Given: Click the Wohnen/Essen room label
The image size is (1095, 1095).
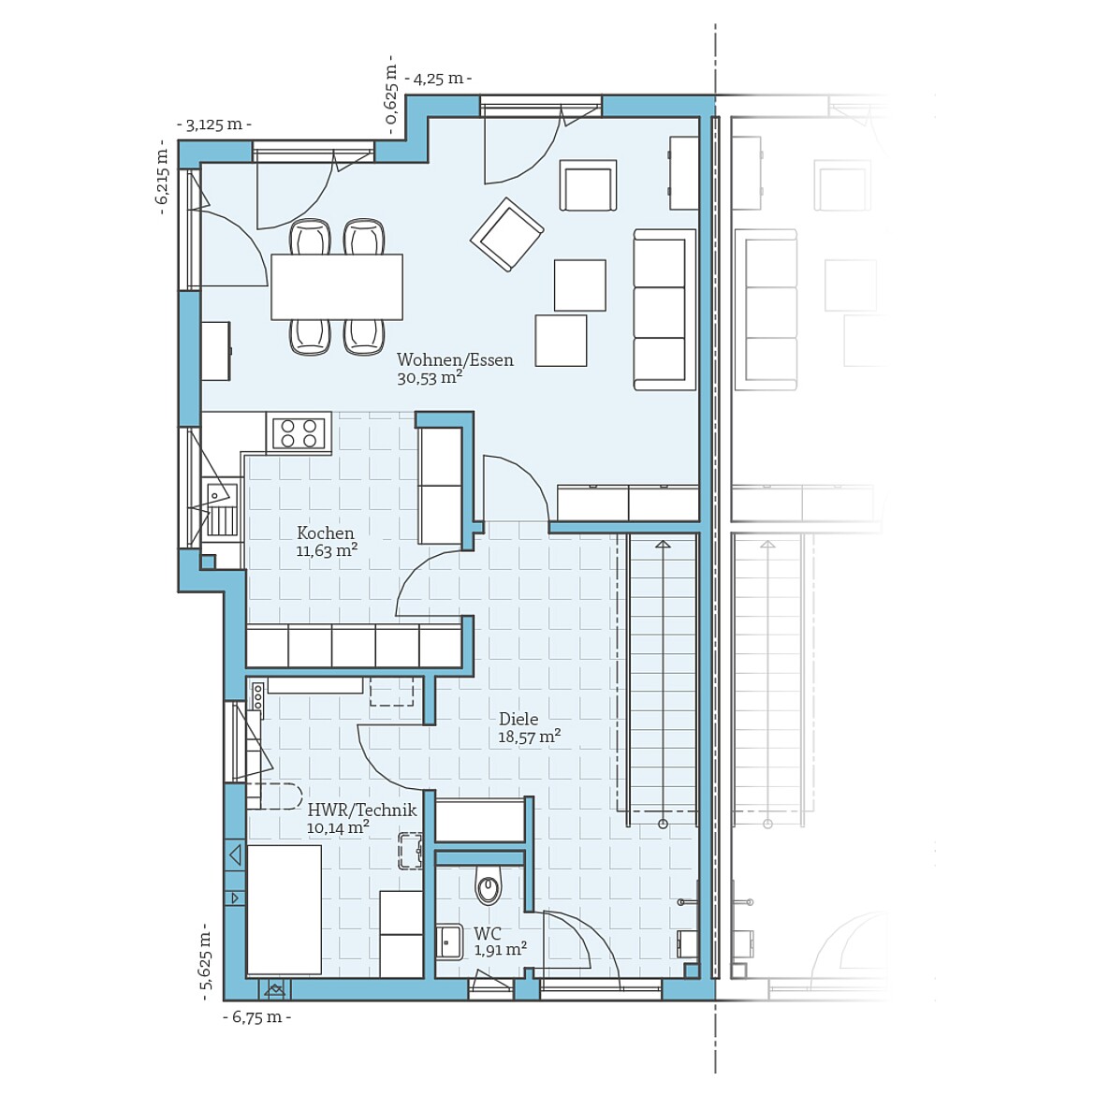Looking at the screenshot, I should [455, 360].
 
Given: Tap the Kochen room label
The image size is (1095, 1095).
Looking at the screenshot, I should [326, 533].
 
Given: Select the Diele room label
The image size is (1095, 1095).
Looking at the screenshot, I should [518, 719].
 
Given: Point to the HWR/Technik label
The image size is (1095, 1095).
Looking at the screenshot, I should [361, 810].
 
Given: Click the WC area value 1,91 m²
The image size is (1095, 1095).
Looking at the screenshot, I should [500, 950].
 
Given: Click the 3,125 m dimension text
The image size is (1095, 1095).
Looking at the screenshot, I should [214, 124].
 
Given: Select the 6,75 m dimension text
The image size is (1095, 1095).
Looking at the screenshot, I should [256, 1017].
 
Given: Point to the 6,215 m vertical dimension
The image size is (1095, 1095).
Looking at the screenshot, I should [162, 177].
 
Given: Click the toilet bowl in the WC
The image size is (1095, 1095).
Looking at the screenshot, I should [488, 886].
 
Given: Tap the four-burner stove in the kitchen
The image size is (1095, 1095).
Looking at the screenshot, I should [299, 433].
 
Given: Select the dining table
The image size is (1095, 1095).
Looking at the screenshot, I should [337, 286].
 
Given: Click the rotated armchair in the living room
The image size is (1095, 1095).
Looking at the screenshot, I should [506, 234].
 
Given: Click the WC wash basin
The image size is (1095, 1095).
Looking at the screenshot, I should [449, 942].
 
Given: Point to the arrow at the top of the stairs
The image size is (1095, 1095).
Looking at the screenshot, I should [663, 544].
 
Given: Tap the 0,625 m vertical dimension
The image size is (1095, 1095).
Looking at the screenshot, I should [392, 94].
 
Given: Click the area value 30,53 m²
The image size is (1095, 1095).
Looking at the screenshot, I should [430, 378].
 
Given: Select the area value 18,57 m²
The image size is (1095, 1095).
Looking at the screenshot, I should [529, 737].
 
